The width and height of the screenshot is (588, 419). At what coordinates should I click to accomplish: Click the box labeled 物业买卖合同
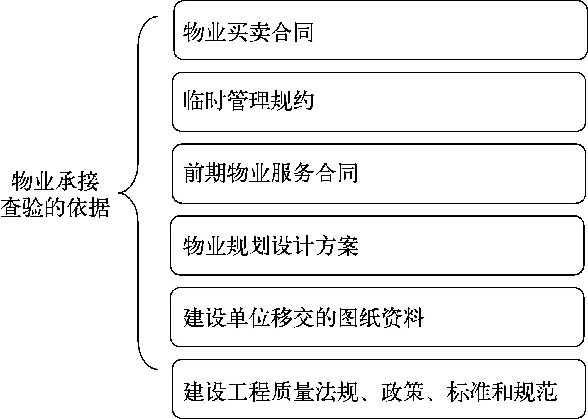380,30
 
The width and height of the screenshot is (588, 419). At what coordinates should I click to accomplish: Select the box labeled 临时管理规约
379,102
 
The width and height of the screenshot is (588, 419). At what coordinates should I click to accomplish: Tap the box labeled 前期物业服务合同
379,174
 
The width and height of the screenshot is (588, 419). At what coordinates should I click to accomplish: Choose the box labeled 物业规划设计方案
377,246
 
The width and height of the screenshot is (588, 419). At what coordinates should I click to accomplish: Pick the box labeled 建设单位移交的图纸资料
377,317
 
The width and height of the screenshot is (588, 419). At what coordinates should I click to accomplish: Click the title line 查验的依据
55,208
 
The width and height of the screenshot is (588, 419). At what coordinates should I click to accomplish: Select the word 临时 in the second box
205,101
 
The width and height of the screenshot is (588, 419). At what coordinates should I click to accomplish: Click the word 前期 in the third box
205,173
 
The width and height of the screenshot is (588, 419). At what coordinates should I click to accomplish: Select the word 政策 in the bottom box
402,392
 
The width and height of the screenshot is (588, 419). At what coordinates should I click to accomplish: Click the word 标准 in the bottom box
469,392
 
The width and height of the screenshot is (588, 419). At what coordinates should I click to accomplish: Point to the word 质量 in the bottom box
292,392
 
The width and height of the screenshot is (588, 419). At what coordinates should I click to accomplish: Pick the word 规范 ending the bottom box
535,392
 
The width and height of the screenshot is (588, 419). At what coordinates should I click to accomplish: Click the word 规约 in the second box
292,101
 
